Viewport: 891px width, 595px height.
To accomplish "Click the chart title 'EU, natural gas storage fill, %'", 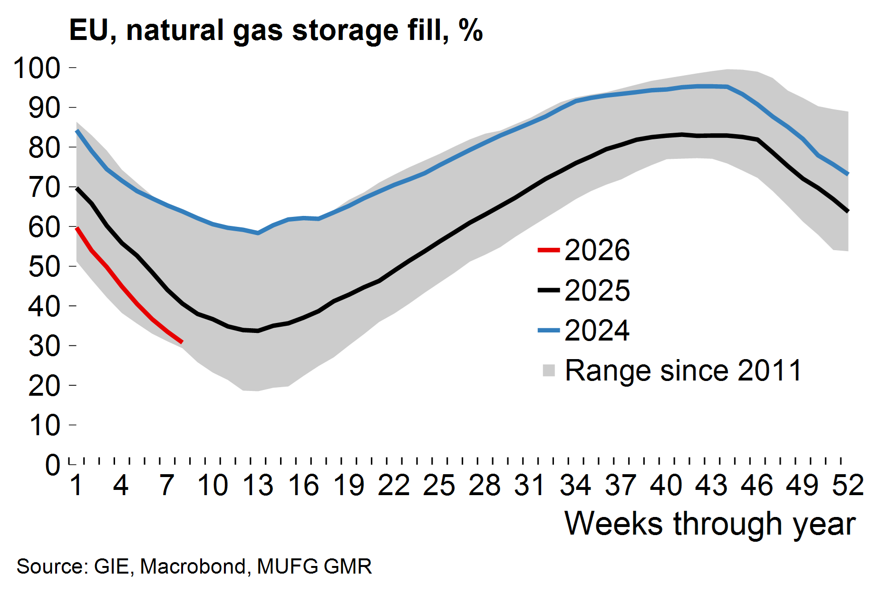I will (276, 30).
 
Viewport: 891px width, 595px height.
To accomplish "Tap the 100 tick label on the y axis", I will (37, 68).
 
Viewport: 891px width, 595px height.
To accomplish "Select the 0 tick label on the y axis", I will (53, 465).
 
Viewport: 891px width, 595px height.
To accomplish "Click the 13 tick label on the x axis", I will (258, 486).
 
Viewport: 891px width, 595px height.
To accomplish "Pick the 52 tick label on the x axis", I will (848, 486).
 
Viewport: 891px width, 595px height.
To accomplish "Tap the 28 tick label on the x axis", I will (484, 486).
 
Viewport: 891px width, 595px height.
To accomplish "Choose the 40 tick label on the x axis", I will (666, 486).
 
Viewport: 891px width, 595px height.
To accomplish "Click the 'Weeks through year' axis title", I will (710, 524).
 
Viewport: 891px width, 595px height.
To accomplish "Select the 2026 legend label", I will (597, 250).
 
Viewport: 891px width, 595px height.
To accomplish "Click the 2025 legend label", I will (597, 291).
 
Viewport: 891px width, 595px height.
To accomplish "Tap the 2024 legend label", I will (597, 331).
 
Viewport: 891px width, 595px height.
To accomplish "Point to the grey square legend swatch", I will (549, 371).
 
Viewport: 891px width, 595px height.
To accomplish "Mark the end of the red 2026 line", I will (182, 342).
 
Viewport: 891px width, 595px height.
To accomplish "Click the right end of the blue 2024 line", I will (848, 174).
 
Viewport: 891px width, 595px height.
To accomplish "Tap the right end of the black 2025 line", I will (848, 211).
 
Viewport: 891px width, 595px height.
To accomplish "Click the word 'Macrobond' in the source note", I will (193, 566).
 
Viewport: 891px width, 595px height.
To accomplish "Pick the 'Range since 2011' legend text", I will (683, 371).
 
